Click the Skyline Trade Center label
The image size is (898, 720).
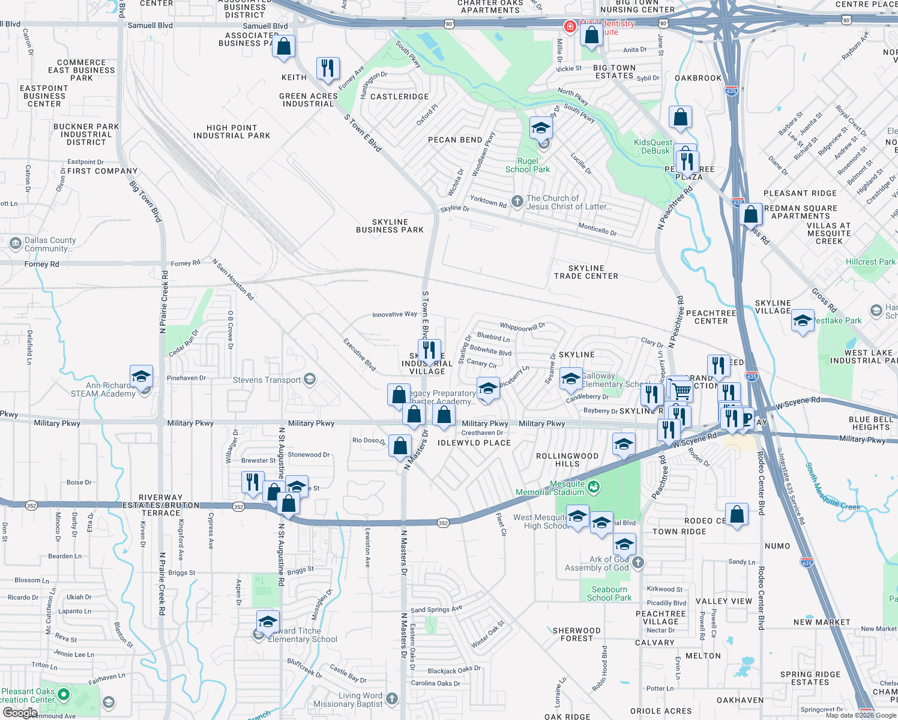pyautogui.click(x=586, y=272)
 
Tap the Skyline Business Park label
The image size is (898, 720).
pyautogui.click(x=390, y=226)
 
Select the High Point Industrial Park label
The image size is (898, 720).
pyautogui.click(x=232, y=132)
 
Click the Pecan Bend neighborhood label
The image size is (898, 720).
pyautogui.click(x=455, y=140)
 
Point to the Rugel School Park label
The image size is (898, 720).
pyautogui.click(x=528, y=165)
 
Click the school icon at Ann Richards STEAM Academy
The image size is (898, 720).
pyautogui.click(x=141, y=377)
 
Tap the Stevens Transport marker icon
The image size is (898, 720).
pyautogui.click(x=310, y=379)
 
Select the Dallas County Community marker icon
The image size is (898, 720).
pyautogui.click(x=16, y=244)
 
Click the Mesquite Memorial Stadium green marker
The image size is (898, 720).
pyautogui.click(x=594, y=487)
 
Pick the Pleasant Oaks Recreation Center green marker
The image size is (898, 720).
pyautogui.click(x=63, y=695)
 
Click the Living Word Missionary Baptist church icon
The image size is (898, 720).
pyautogui.click(x=392, y=698)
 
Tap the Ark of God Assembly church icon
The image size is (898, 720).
pyautogui.click(x=638, y=563)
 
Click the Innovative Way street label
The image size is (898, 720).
pyautogui.click(x=394, y=314)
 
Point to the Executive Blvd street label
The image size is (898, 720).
pyautogui.click(x=360, y=354)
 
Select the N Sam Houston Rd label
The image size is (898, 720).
pyautogui.click(x=233, y=279)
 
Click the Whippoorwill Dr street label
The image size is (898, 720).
pyautogui.click(x=522, y=327)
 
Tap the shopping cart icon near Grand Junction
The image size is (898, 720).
pyautogui.click(x=681, y=391)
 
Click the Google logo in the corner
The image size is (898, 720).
pyautogui.click(x=20, y=712)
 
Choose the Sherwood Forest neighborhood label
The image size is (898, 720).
pyautogui.click(x=576, y=634)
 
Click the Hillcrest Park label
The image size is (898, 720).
pyautogui.click(x=870, y=262)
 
